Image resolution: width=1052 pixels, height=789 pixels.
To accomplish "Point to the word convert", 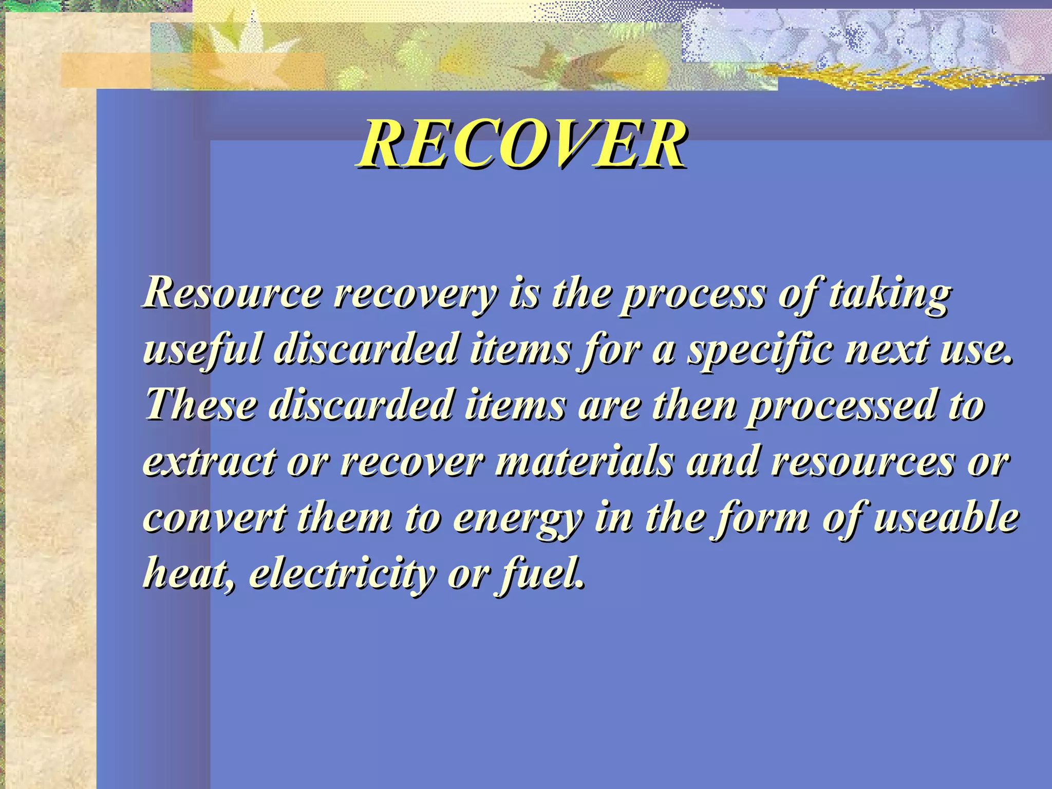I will click(215, 518).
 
